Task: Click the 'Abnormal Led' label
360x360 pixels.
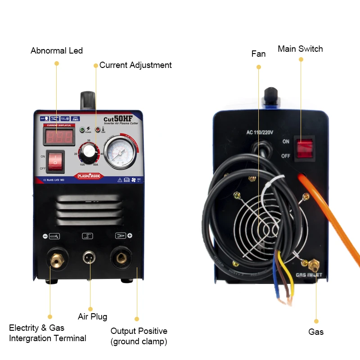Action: coord(57,51)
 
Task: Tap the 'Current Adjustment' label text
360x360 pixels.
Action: coord(135,65)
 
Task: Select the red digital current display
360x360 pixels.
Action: coord(58,137)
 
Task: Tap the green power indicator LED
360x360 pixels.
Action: coord(82,130)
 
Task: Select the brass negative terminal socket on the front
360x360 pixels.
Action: coord(56,258)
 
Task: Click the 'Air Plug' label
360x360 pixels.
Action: coord(93,317)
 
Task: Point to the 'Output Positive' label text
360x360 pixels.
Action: coord(139,331)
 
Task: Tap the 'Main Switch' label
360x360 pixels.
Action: coord(300,49)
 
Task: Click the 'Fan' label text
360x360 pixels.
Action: coord(258,54)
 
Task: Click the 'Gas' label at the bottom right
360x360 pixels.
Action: coord(316,332)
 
